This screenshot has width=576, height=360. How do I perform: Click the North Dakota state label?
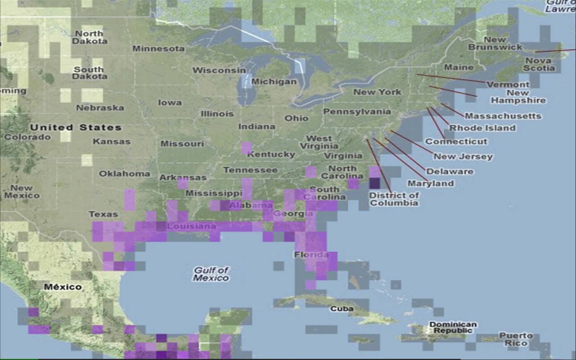click(90, 37)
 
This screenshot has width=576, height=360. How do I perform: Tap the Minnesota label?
click(158, 49)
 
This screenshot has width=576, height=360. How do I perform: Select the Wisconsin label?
click(219, 71)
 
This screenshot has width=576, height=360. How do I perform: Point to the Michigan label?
click(274, 82)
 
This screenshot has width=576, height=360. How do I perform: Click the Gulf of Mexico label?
click(211, 274)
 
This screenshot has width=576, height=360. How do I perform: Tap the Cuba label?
click(342, 309)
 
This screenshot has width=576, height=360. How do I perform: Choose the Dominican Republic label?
click(453, 328)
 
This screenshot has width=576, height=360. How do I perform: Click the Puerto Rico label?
click(516, 339)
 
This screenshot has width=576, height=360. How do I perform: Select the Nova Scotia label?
click(540, 64)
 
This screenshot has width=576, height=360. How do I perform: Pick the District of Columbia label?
click(394, 199)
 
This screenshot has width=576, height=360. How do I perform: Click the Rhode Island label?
click(482, 128)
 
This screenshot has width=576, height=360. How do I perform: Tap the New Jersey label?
click(463, 157)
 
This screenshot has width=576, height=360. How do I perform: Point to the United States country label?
click(76, 128)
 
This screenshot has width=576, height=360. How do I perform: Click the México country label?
click(63, 287)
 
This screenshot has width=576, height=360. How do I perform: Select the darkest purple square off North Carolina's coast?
click(374, 184)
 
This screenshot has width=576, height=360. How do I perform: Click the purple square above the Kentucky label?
click(247, 148)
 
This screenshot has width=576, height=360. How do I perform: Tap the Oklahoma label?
click(125, 174)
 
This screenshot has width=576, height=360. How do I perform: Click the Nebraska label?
click(100, 108)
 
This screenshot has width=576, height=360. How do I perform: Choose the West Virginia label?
click(319, 142)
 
